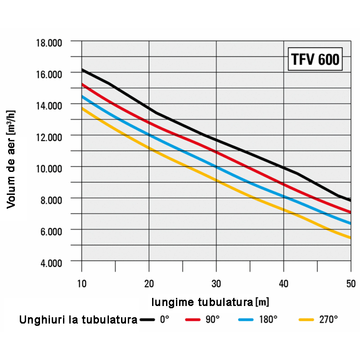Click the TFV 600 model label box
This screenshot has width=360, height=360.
point(315,59)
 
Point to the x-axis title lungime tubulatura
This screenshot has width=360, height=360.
point(210,301)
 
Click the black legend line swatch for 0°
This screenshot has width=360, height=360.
point(147,319)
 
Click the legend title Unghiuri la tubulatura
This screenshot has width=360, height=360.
point(78,320)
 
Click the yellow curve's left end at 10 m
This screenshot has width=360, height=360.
point(82,108)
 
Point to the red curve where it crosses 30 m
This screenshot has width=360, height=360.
point(216,152)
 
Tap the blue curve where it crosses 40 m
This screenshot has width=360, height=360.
point(283,196)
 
